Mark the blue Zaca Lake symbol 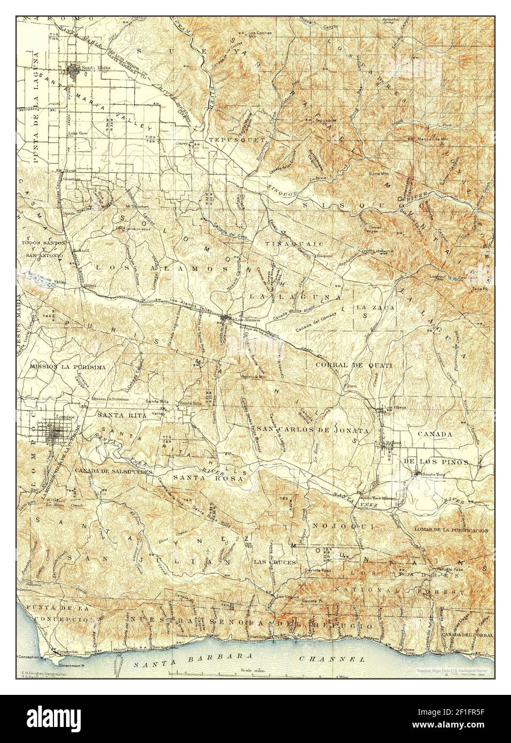[x=455, y=278]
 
